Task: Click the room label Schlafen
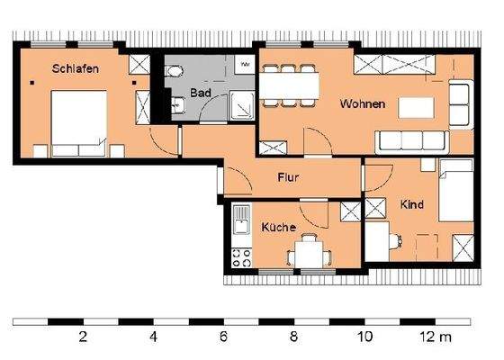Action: point(74,68)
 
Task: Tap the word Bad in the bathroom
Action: point(201,93)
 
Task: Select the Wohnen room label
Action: point(362,104)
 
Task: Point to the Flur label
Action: point(288,177)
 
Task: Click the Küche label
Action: point(278,229)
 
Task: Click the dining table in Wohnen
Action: point(290,85)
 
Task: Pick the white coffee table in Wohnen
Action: point(420,105)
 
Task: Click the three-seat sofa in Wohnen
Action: point(412,139)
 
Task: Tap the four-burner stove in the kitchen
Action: point(242,258)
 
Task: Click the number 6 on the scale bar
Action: point(223,338)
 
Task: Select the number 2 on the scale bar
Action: point(83,338)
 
